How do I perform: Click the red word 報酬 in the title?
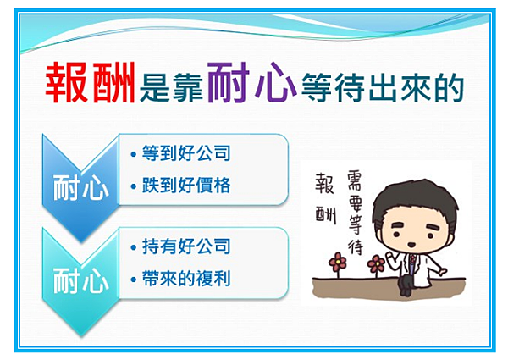[x=91, y=83]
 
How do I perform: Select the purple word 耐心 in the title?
[x=251, y=82]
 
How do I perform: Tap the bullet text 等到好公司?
[x=186, y=153]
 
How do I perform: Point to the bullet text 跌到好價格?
[x=186, y=185]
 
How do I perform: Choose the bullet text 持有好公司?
[x=186, y=246]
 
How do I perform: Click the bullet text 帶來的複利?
[x=186, y=279]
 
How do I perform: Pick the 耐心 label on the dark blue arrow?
[x=80, y=187]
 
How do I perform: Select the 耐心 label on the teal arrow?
[x=80, y=280]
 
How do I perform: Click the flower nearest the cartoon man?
[x=376, y=263]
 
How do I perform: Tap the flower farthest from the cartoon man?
[x=337, y=262]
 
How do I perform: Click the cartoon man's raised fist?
[x=391, y=258]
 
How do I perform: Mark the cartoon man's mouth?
[x=411, y=245]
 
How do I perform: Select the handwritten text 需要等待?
[x=355, y=212]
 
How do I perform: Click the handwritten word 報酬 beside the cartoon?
[x=326, y=198]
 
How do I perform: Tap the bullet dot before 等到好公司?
[x=133, y=154]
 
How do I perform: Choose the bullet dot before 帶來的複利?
[x=133, y=280]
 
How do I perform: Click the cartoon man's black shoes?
[x=406, y=291]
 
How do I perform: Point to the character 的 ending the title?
[x=450, y=87]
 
